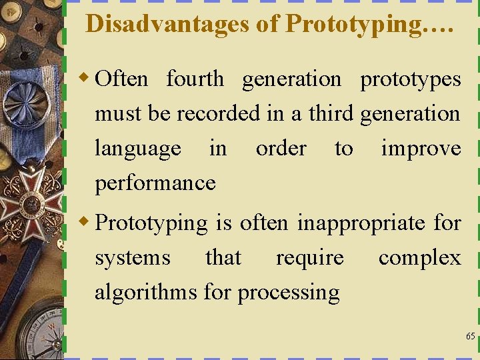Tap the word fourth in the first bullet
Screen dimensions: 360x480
[195, 79]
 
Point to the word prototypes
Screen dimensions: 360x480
[410, 79]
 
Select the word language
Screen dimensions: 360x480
[137, 149]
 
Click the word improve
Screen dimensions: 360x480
[421, 148]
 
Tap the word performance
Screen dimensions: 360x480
[155, 183]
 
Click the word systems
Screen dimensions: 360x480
[132, 258]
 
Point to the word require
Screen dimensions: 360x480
[310, 258]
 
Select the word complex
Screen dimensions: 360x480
[419, 258]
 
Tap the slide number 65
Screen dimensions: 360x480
[470, 337]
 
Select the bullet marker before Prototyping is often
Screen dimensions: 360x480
[84, 222]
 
